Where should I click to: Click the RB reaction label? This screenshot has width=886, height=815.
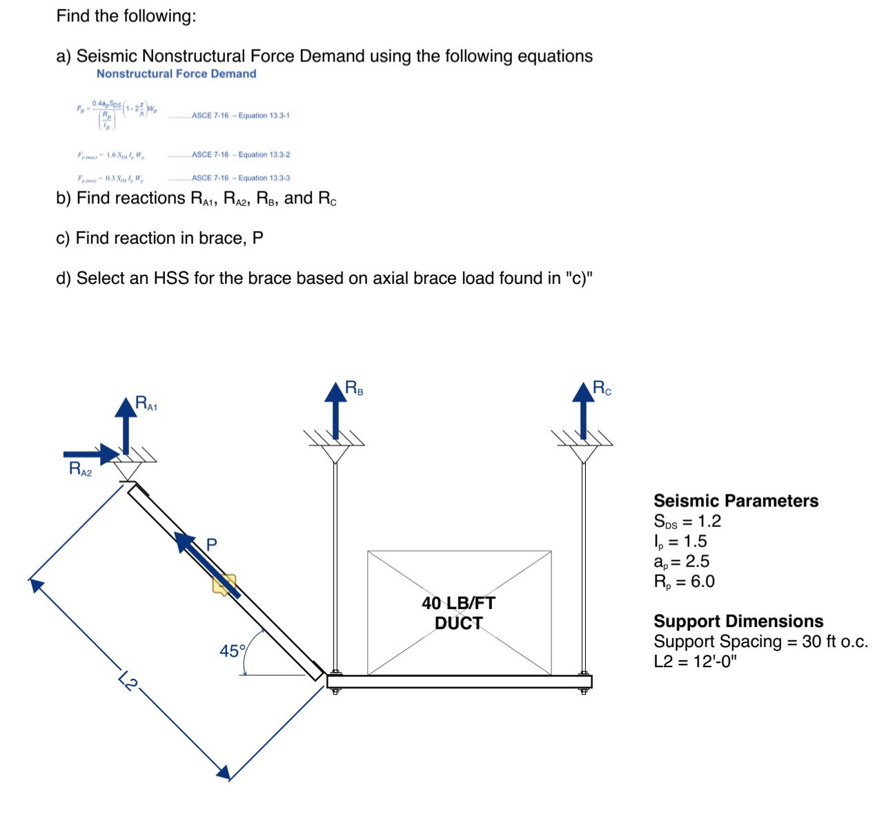(354, 388)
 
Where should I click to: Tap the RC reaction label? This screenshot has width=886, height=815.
(602, 388)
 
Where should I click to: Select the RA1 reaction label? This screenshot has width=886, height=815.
(146, 403)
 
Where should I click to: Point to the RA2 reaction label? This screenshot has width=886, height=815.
(80, 469)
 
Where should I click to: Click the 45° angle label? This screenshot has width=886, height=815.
(233, 651)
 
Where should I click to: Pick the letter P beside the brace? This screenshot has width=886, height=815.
(212, 544)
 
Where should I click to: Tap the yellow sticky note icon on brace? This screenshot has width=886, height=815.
(224, 584)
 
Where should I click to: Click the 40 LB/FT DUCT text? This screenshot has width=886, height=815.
(458, 613)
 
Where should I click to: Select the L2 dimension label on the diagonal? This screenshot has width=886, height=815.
(128, 680)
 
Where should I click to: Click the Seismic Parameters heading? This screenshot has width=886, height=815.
(736, 501)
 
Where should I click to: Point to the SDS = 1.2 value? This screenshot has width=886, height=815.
(687, 521)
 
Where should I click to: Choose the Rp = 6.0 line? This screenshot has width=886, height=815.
(684, 582)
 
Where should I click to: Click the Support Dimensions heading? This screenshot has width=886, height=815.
(738, 621)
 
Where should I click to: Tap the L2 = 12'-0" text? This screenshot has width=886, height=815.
(695, 662)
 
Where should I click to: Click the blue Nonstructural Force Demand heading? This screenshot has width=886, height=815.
(176, 74)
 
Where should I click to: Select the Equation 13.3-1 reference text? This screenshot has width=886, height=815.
(240, 115)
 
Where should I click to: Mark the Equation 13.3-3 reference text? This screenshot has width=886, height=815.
(240, 178)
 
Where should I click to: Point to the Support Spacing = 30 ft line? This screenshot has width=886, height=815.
(760, 642)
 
